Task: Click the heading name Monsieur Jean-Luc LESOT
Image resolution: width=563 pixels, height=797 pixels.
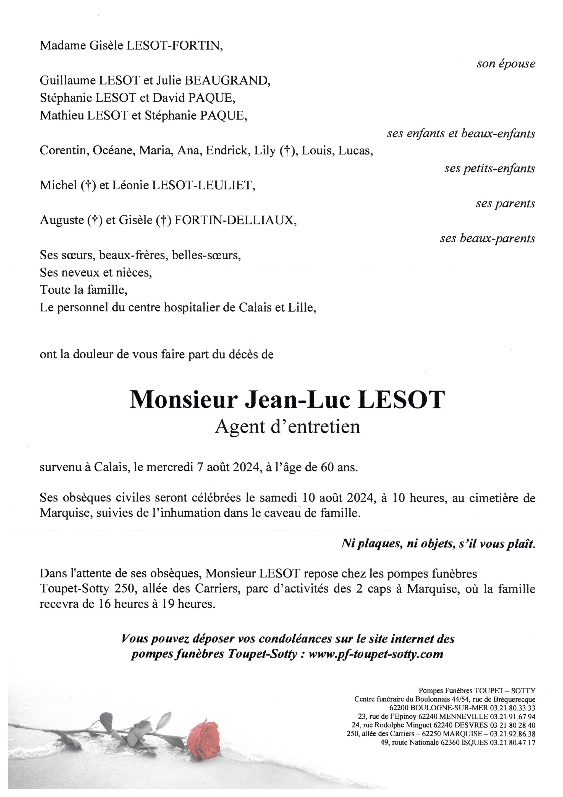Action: pyautogui.click(x=287, y=400)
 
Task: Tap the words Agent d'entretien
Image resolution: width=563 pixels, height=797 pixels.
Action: pyautogui.click(x=287, y=427)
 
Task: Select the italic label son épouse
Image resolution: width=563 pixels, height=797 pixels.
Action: pyautogui.click(x=506, y=64)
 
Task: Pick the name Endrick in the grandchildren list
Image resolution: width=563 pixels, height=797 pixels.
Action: pyautogui.click(x=228, y=151)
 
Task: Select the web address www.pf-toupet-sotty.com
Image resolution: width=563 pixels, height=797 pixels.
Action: pyautogui.click(x=376, y=654)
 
